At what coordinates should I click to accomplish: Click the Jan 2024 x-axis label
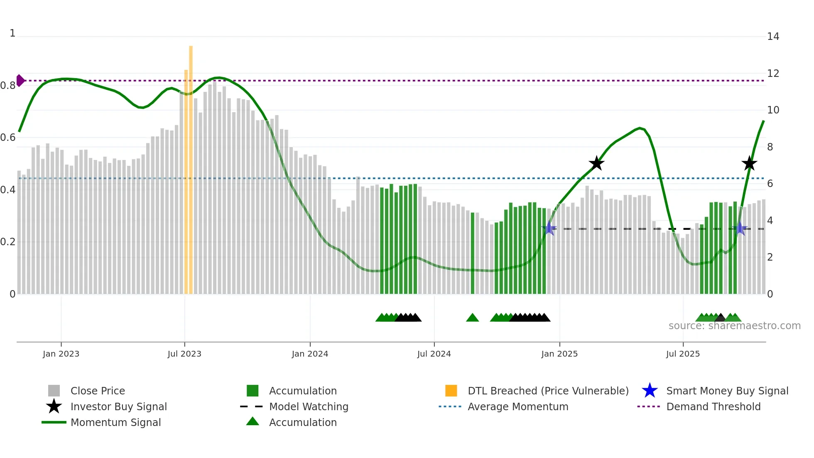click(x=310, y=354)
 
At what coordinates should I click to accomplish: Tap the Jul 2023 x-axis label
click(x=184, y=354)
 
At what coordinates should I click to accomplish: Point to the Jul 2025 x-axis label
click(x=683, y=354)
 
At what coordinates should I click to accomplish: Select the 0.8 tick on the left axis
click(x=8, y=86)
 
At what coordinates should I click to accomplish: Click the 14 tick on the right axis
click(x=773, y=37)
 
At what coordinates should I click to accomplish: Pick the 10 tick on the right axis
click(x=773, y=110)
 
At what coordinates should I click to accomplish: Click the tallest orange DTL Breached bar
click(x=191, y=166)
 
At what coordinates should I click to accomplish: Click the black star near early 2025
click(x=596, y=163)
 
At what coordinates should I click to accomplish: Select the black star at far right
click(x=749, y=163)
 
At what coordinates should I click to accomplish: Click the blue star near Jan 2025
click(x=549, y=228)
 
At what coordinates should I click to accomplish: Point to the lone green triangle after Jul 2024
click(x=473, y=318)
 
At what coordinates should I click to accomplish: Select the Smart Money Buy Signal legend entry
click(x=727, y=391)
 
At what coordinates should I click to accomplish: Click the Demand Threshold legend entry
click(x=713, y=406)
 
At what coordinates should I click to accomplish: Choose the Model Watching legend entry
click(x=309, y=406)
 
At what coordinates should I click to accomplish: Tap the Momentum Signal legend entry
click(x=115, y=422)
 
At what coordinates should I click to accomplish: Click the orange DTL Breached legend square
click(x=451, y=391)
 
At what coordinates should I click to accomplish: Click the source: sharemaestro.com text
click(x=734, y=326)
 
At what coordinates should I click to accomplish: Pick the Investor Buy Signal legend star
click(x=54, y=406)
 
